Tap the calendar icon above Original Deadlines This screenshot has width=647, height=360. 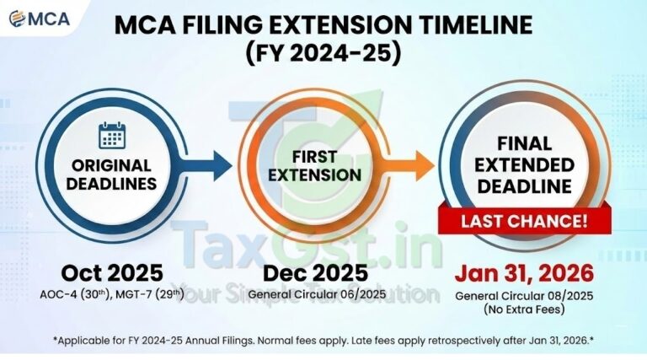(x=111, y=136)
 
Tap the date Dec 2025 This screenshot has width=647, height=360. (x=315, y=273)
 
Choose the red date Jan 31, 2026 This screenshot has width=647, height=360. (x=523, y=273)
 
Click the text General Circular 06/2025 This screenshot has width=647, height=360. (x=315, y=295)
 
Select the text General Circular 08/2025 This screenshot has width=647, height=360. (x=523, y=295)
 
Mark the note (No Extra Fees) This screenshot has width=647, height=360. (x=523, y=310)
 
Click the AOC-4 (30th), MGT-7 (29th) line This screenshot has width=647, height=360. (x=114, y=295)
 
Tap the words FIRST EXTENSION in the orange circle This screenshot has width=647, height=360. (x=313, y=165)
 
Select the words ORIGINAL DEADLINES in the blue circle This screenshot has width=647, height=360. (x=111, y=175)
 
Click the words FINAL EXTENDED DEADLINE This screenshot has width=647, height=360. (x=522, y=165)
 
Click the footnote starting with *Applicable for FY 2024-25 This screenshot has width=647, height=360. (x=323, y=340)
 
